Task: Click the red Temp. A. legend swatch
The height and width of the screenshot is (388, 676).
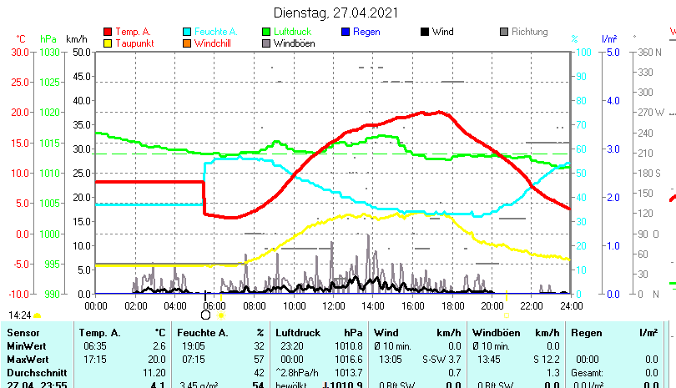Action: coord(108,33)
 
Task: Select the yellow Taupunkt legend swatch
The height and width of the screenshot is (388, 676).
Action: coord(108,43)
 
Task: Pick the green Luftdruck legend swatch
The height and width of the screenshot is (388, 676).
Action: coord(266,33)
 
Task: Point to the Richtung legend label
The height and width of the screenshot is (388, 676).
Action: coord(530,33)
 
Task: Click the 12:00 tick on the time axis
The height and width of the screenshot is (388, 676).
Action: coord(333,305)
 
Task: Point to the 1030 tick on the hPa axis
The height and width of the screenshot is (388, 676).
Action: coord(50,52)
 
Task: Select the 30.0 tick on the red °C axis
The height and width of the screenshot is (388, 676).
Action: coord(20,52)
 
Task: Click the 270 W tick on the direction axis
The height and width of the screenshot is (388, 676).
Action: coord(651,113)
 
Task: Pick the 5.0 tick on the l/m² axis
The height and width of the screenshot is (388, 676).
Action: coord(610,52)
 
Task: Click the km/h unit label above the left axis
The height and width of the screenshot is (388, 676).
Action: coord(77,39)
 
